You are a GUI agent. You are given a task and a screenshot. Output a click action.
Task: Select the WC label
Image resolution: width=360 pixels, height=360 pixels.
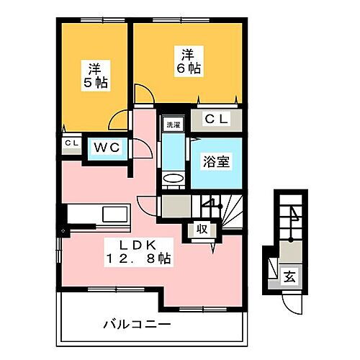pyautogui.click(x=107, y=148)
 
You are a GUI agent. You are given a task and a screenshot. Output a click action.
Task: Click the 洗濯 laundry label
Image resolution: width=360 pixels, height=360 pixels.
pyautogui.click(x=174, y=125)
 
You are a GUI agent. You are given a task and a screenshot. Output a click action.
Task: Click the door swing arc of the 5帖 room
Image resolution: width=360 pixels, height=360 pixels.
pyautogui.click(x=143, y=96)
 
